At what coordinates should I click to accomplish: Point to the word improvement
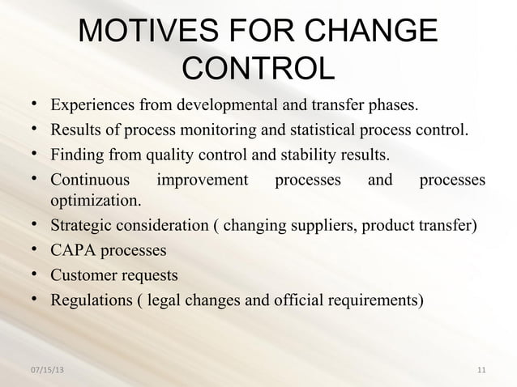click(x=202, y=179)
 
